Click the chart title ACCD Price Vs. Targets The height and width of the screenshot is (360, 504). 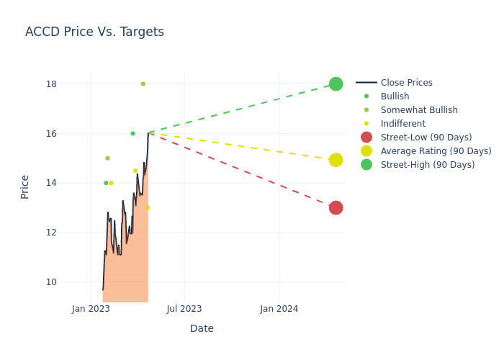click(94, 32)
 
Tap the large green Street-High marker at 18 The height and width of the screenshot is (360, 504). click(336, 84)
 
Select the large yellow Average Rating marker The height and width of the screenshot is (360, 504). click(336, 160)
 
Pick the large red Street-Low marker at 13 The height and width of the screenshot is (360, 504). click(336, 207)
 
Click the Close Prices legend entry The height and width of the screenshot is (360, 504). click(406, 83)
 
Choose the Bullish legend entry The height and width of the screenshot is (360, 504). click(395, 96)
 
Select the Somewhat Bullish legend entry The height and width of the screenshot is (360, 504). click(419, 110)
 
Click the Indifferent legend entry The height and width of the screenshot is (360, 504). click(402, 124)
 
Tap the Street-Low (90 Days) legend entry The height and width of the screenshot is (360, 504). click(426, 138)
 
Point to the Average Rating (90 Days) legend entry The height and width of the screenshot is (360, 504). click(436, 151)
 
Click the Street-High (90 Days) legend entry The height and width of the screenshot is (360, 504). click(428, 165)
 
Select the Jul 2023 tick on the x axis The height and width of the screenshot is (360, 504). click(184, 309)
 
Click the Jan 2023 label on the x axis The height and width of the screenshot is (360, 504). click(91, 309)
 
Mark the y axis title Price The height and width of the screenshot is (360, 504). click(25, 186)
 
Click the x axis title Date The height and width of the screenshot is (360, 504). click(202, 329)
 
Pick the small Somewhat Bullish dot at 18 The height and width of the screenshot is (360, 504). click(143, 84)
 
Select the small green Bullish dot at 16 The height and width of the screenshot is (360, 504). click(132, 133)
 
